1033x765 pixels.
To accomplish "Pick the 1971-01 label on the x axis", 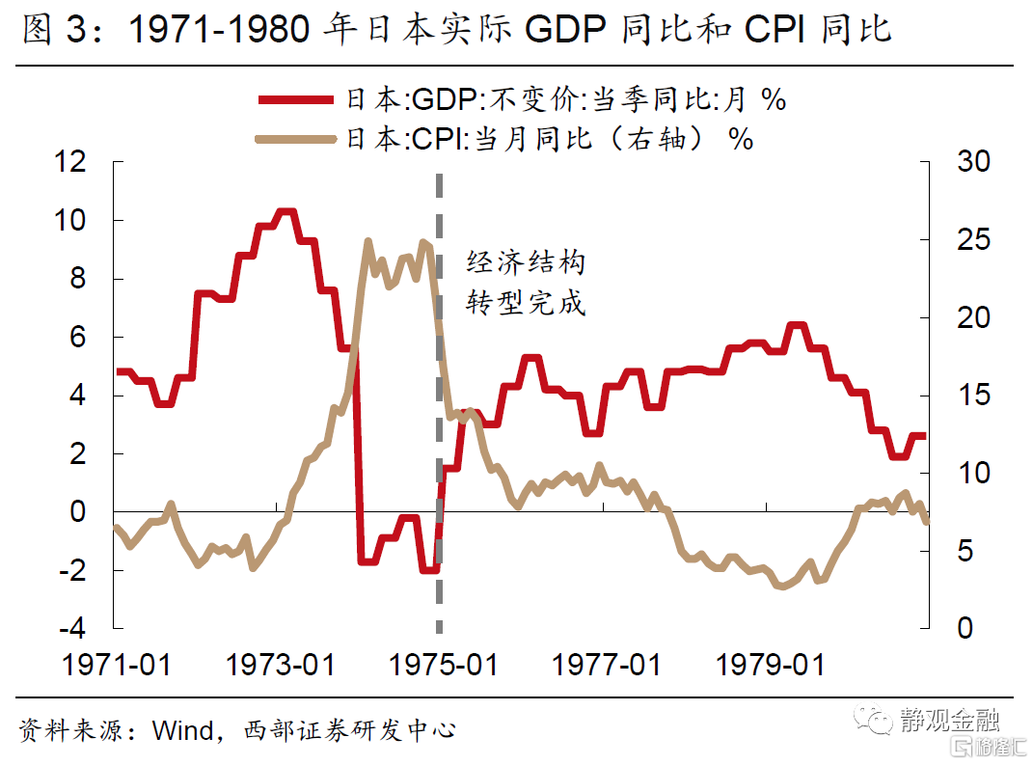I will point(116,666).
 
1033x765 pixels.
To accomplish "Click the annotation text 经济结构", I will point(526,262).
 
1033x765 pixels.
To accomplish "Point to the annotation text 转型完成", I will point(526,303).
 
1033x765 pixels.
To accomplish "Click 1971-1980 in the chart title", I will point(218,32).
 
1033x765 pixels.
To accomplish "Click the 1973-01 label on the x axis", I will point(280,666).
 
